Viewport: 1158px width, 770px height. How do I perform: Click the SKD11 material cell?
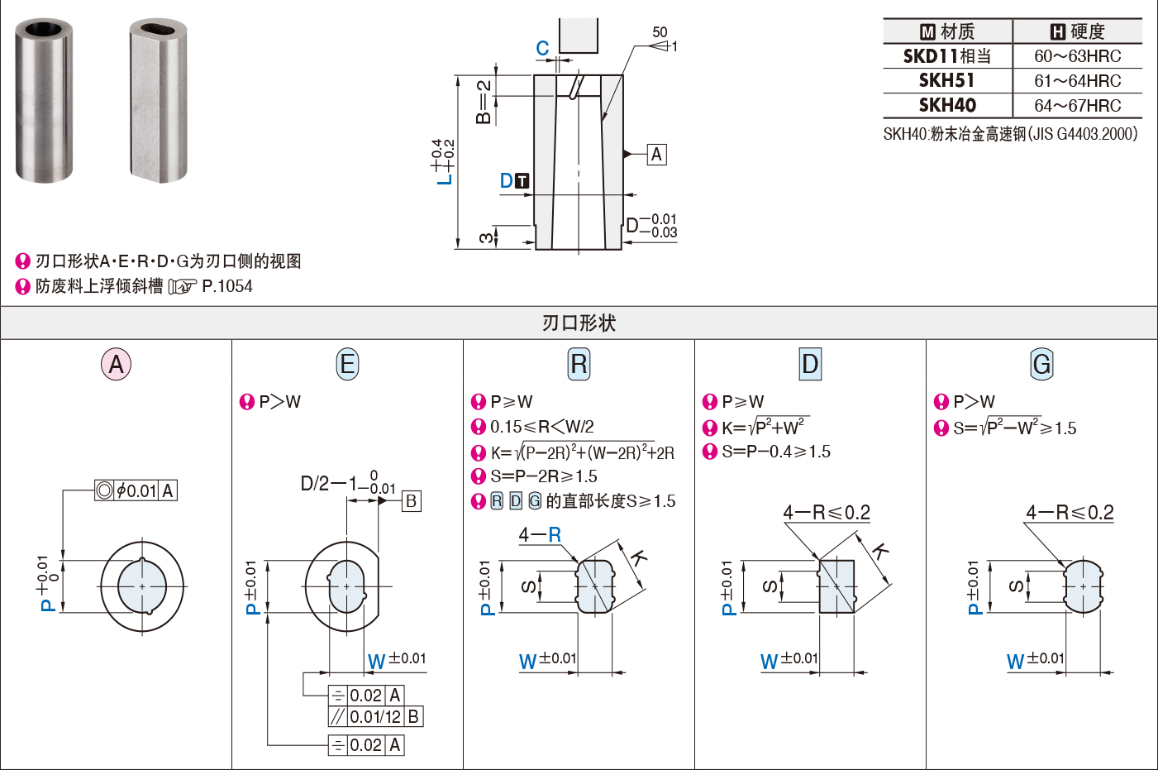(947, 56)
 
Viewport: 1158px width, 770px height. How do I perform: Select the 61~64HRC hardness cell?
(1077, 81)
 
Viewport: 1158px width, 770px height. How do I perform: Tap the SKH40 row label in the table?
(947, 106)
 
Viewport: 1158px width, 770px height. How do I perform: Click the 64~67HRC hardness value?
(1077, 106)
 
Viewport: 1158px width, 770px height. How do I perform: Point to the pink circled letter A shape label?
(116, 364)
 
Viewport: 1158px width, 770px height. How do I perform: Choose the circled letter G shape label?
(1041, 364)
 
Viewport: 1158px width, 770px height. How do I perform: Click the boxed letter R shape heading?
(579, 364)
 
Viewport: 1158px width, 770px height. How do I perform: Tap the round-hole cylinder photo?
(44, 101)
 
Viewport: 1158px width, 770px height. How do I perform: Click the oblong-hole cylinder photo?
(158, 101)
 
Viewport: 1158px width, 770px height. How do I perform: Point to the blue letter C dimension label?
(542, 48)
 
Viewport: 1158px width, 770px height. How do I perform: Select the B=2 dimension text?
(484, 102)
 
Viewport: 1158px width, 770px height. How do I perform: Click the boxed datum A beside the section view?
(656, 154)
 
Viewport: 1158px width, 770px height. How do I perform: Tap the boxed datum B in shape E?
(412, 501)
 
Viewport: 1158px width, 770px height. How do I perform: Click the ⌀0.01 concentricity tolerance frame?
(136, 490)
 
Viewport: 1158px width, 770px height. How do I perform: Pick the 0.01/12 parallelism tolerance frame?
(376, 717)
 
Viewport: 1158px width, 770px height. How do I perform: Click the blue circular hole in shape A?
(142, 586)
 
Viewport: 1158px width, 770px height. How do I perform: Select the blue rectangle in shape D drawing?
(836, 586)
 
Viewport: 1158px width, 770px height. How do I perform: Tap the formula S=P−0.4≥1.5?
(776, 452)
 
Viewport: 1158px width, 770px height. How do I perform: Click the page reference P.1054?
(227, 286)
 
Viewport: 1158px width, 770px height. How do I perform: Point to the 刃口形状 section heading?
(579, 323)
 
